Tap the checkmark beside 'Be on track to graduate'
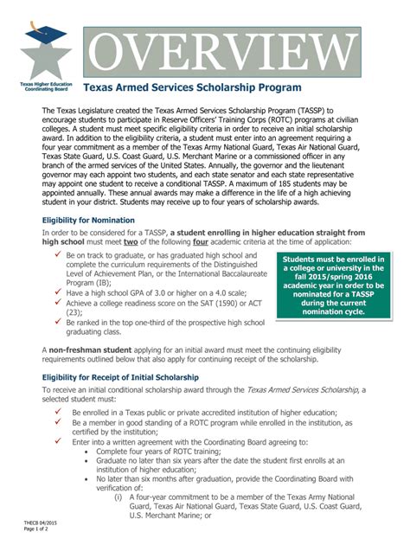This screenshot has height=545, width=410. coord(56,257)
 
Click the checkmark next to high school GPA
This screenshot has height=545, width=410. coord(56,294)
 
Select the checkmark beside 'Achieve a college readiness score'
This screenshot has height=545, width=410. coord(56,305)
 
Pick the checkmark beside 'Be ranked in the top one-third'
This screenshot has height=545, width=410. coord(56,321)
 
